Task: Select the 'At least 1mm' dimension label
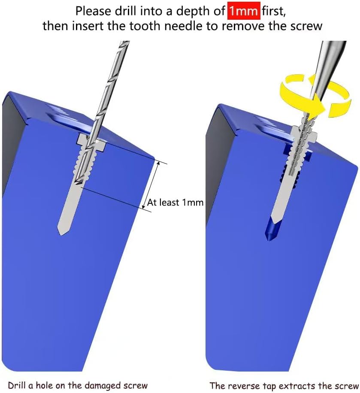click(x=175, y=202)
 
